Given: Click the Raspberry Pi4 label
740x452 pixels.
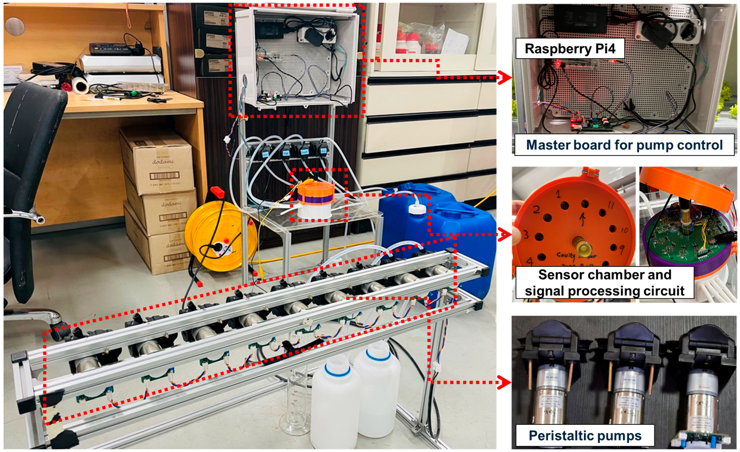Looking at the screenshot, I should coord(570,48).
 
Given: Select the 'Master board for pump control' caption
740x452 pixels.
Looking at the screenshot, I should coord(624,145).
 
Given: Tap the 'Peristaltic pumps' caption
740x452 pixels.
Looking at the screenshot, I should coord(585,435).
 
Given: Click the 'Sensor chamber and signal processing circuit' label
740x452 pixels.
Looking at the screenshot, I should coord(604,282).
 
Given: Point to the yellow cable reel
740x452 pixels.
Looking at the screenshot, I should coord(221,236).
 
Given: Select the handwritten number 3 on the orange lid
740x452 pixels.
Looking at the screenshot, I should coord(526,234).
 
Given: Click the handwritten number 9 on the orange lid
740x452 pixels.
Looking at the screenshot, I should coord(621,249).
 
